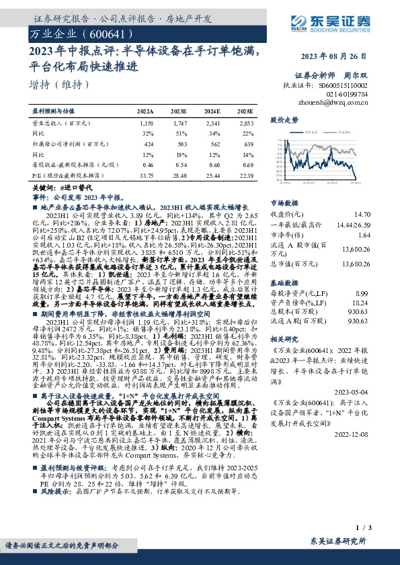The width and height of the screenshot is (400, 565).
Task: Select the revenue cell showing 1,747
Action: click(x=179, y=124)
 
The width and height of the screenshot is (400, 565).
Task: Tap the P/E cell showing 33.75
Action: click(x=145, y=174)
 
